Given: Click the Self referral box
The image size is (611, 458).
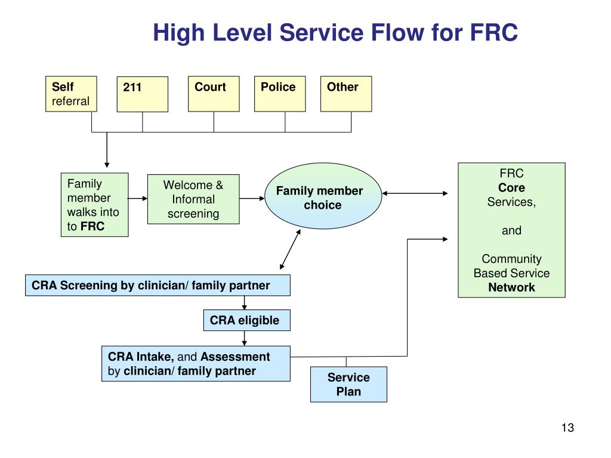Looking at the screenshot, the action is pyautogui.click(x=71, y=94).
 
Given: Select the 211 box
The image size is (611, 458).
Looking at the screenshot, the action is pyautogui.click(x=142, y=94).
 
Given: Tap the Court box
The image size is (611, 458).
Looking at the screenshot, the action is pyautogui.click(x=214, y=94).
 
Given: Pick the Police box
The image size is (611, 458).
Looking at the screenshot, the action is pyautogui.click(x=280, y=94).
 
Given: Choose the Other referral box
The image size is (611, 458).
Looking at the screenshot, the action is pyautogui.click(x=346, y=94).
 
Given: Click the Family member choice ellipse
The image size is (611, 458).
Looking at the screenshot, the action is pyautogui.click(x=323, y=196).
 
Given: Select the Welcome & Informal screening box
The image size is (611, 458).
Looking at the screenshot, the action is pyautogui.click(x=193, y=199).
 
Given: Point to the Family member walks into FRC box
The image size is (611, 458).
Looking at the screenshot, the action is pyautogui.click(x=95, y=205).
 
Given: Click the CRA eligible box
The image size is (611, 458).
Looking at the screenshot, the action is pyautogui.click(x=246, y=320).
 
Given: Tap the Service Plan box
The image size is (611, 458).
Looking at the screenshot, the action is pyautogui.click(x=348, y=385).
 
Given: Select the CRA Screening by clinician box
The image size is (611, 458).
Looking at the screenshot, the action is pyautogui.click(x=158, y=286).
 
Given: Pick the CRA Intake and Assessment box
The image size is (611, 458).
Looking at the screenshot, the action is pyautogui.click(x=196, y=364).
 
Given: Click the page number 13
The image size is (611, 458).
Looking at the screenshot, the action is pyautogui.click(x=568, y=428).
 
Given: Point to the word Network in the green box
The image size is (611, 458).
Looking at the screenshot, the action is pyautogui.click(x=511, y=287).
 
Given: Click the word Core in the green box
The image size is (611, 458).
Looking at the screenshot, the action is pyautogui.click(x=511, y=188).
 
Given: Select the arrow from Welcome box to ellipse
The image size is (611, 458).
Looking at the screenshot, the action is pyautogui.click(x=252, y=199).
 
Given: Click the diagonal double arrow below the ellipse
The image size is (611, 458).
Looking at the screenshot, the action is pyautogui.click(x=291, y=249).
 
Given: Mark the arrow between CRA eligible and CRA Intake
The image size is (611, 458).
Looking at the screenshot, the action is pyautogui.click(x=244, y=339).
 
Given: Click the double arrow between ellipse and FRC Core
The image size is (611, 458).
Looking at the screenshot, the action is pyautogui.click(x=415, y=193).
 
